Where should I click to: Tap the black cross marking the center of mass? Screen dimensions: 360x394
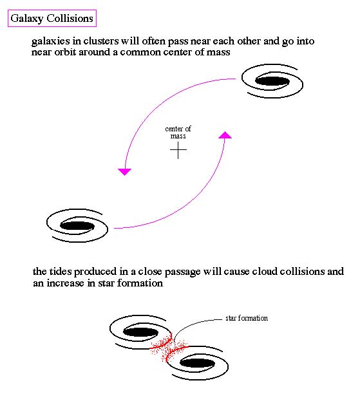coord(178,150)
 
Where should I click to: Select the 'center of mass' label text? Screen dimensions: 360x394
coord(178,133)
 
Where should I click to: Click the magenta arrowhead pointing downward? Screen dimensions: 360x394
coord(125,172)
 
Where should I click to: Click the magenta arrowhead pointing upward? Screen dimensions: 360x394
coord(225,135)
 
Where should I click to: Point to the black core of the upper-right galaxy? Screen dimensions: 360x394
coord(272,81)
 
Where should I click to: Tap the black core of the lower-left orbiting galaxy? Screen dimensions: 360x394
coord(77,225)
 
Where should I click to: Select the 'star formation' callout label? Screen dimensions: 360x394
coord(247,318)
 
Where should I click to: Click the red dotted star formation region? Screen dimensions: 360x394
coord(169,349)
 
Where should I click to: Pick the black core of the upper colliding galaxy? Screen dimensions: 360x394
coord(140,332)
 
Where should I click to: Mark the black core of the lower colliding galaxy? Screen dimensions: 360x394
coord(198,363)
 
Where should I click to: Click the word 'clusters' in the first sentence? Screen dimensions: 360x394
coord(101,41)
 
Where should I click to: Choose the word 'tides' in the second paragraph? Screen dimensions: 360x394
coord(61,272)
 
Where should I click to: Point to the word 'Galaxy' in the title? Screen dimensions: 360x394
coord(27,19)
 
